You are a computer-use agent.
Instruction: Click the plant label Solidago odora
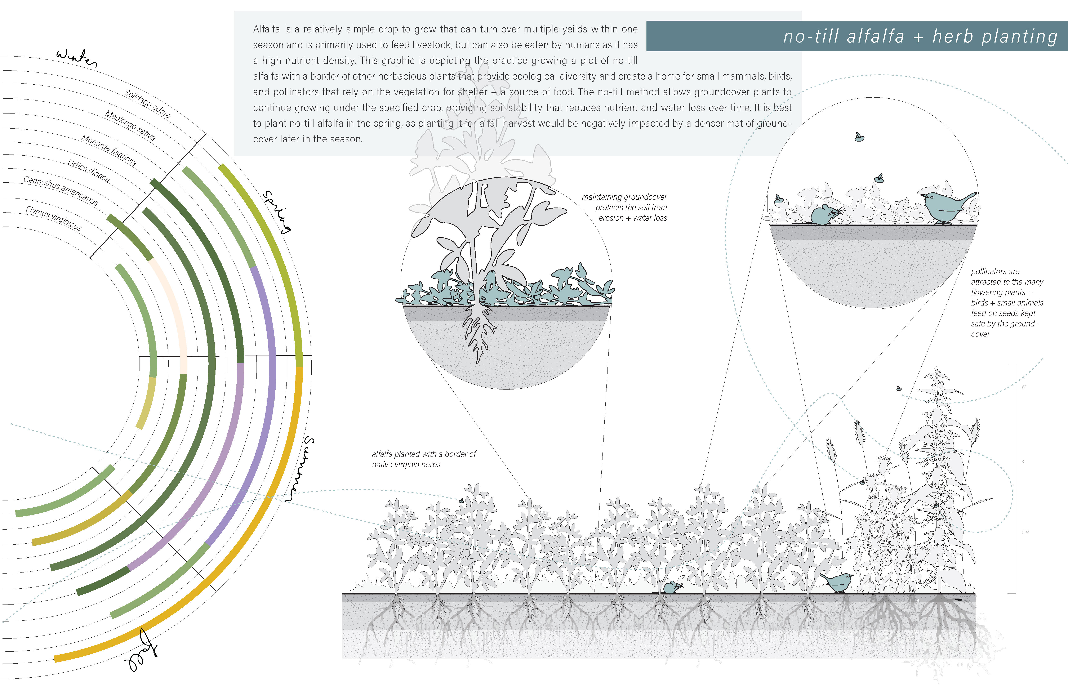pos(147,104)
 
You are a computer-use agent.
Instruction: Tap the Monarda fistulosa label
pos(109,150)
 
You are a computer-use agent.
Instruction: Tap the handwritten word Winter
pos(76,57)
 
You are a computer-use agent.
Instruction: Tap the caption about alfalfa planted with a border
pos(424,459)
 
